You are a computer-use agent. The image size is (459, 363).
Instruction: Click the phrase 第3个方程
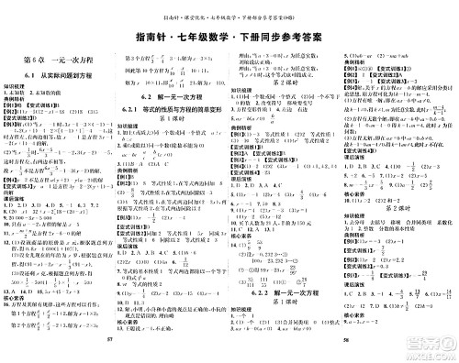click(138, 58)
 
